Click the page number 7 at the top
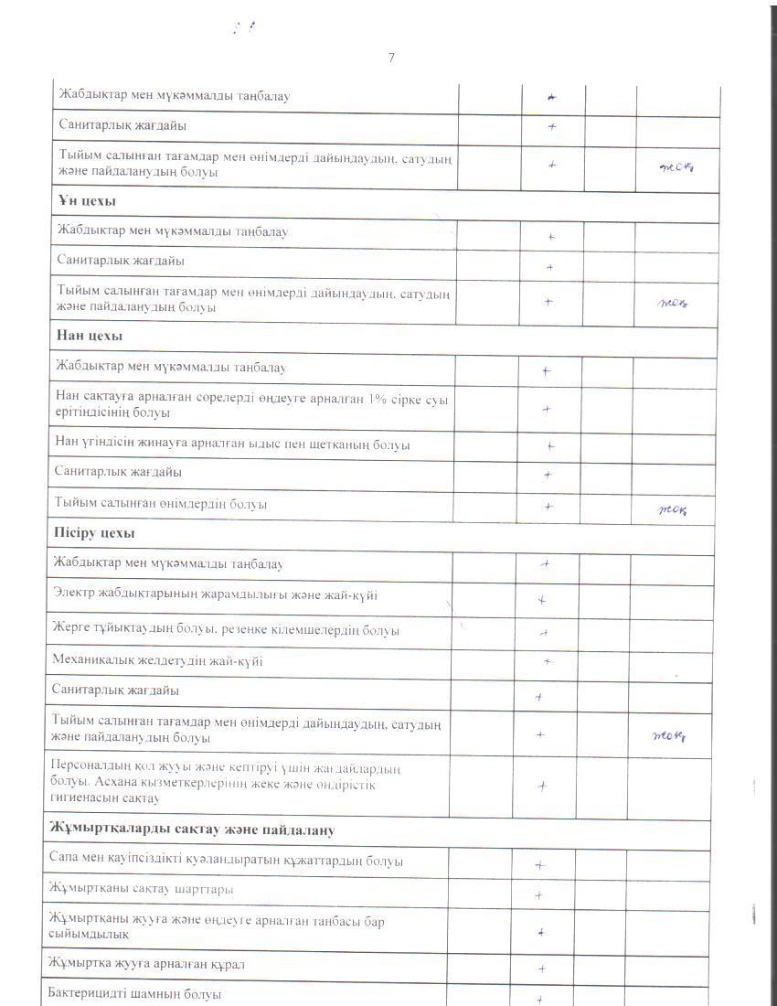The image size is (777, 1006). click(x=391, y=58)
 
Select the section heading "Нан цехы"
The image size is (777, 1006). click(x=89, y=336)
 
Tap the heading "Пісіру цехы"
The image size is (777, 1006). click(x=95, y=532)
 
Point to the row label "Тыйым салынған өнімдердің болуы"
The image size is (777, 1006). click(x=161, y=504)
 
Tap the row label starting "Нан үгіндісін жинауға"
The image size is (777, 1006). click(x=232, y=444)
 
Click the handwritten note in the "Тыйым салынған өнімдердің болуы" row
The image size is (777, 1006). click(x=673, y=510)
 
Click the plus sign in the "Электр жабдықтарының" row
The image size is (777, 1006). click(x=542, y=601)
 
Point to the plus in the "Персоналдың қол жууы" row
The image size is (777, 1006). click(x=542, y=785)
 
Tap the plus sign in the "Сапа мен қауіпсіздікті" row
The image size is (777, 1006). click(x=540, y=864)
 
